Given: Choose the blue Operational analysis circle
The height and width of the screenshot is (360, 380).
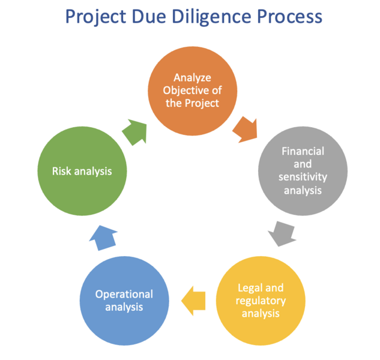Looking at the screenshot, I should pyautogui.click(x=124, y=299).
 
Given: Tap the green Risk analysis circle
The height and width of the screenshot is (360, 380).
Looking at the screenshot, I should pyautogui.click(x=82, y=170).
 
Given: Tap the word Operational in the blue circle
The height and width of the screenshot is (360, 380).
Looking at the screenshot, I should pyautogui.click(x=124, y=294).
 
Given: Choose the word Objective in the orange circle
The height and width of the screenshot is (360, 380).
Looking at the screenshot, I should pyautogui.click(x=192, y=89).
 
